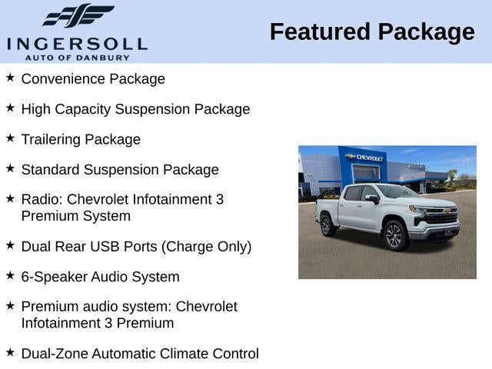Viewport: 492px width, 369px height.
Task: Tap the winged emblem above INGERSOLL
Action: point(77,16)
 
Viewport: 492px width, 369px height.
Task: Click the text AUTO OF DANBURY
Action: point(77,57)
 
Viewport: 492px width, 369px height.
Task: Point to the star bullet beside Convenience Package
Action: point(10,78)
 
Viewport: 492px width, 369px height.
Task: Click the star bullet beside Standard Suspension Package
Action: point(10,168)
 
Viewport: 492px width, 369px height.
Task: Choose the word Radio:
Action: point(42,199)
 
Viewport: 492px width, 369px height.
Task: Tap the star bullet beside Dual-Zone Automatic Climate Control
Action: point(10,351)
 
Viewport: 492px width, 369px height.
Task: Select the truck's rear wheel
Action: point(327,225)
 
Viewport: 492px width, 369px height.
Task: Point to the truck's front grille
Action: point(441,218)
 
